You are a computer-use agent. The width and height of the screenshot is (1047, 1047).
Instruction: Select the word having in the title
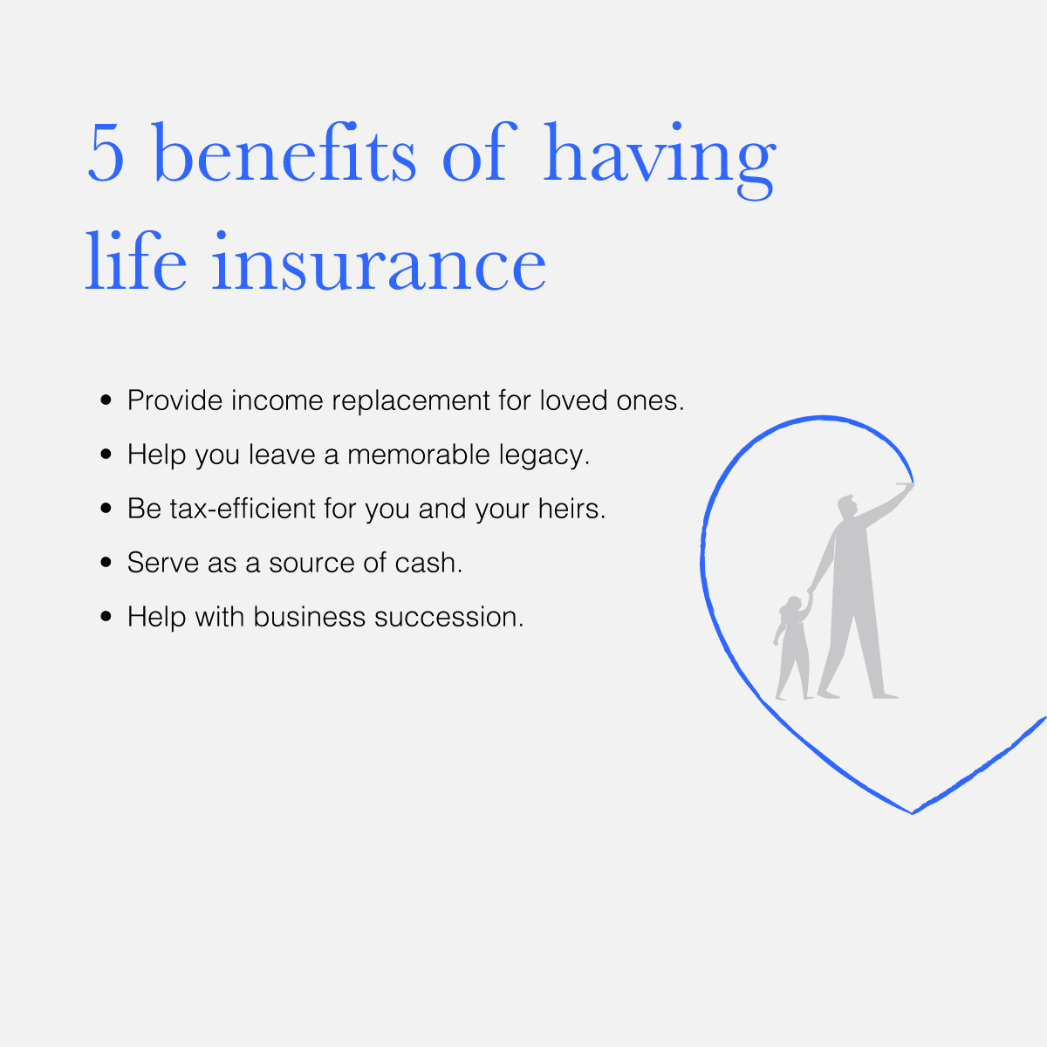coord(660,161)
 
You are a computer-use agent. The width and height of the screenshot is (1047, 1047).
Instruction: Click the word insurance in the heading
coord(379,262)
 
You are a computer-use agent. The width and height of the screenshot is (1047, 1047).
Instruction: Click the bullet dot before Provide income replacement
coord(106,400)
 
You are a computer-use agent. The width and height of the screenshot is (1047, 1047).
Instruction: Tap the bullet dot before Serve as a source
coord(106,563)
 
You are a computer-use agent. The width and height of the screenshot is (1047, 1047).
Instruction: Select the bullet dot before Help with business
coord(106,616)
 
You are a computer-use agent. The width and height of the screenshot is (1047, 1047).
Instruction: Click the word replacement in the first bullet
coord(411,402)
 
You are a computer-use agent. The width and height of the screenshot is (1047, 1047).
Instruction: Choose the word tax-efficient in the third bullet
coord(243,509)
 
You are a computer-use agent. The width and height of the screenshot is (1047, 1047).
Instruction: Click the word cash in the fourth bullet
coord(428,563)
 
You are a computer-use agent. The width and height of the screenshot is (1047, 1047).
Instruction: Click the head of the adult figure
coord(847,506)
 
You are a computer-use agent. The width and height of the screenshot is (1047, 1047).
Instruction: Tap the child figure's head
coord(793,606)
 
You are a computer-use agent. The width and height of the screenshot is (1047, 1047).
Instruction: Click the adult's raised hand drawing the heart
coord(908,486)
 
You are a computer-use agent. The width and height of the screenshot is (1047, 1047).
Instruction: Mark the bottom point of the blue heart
coord(913,813)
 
